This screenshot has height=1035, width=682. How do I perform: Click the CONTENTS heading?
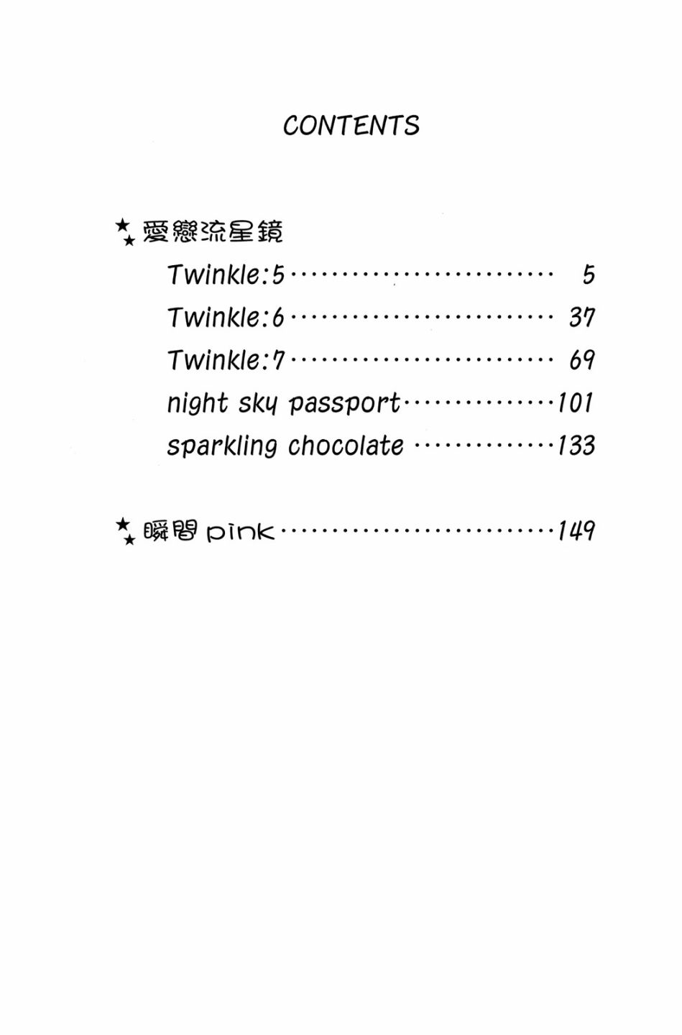point(351,126)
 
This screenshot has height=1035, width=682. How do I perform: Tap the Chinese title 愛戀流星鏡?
point(213,231)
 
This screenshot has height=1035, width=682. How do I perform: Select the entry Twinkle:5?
point(226,275)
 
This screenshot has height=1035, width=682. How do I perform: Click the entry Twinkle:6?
point(226,317)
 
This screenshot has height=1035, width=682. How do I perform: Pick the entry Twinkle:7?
point(226,359)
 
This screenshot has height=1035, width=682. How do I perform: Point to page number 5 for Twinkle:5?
point(589,275)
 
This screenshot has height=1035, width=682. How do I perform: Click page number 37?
point(581,317)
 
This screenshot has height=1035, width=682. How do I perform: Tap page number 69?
point(581,359)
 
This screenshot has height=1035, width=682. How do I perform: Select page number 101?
point(576,402)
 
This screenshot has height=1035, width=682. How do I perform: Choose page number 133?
point(576,446)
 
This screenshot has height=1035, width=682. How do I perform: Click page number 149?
point(576,531)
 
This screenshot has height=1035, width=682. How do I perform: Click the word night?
point(197,403)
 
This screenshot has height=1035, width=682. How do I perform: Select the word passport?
point(344,404)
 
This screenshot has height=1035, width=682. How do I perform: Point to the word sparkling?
point(221,446)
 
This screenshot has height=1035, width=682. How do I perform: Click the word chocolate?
point(346,446)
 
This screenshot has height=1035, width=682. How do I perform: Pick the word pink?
point(240,532)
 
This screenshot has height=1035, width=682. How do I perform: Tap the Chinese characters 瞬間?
point(170,531)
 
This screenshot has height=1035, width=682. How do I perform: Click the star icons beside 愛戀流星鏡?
point(125,232)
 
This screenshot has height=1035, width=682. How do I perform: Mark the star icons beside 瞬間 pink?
point(125,531)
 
